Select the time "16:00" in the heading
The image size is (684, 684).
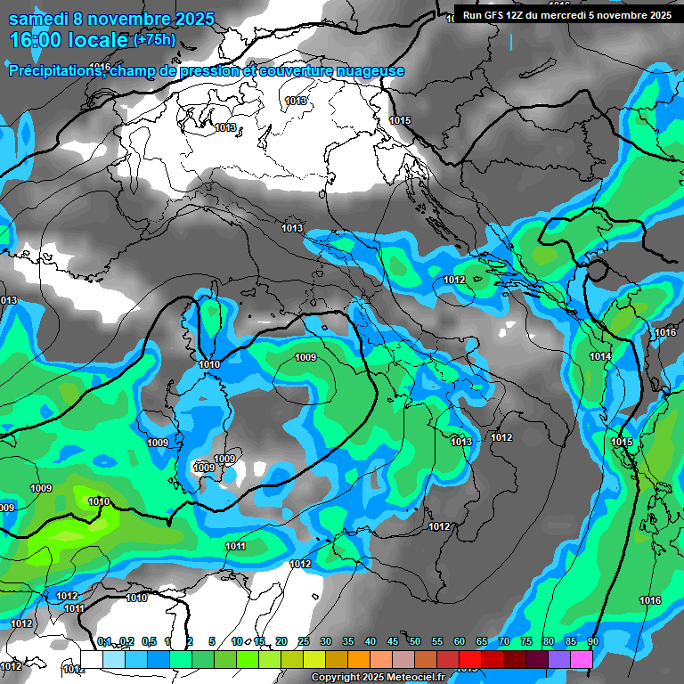tap(35, 40)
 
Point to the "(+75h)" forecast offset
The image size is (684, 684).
tap(154, 40)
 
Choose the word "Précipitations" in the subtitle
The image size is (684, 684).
tap(53, 70)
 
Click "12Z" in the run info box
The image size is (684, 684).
tap(522, 15)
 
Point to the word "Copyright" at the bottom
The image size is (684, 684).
tap(335, 678)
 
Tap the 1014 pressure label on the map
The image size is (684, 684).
tap(600, 357)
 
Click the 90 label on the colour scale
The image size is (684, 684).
tap(592, 641)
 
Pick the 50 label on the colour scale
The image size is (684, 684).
tap(415, 641)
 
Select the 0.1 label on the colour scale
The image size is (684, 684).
tap(104, 641)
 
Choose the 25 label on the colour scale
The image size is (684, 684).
tap(304, 641)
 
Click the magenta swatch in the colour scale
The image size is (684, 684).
tap(582, 659)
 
